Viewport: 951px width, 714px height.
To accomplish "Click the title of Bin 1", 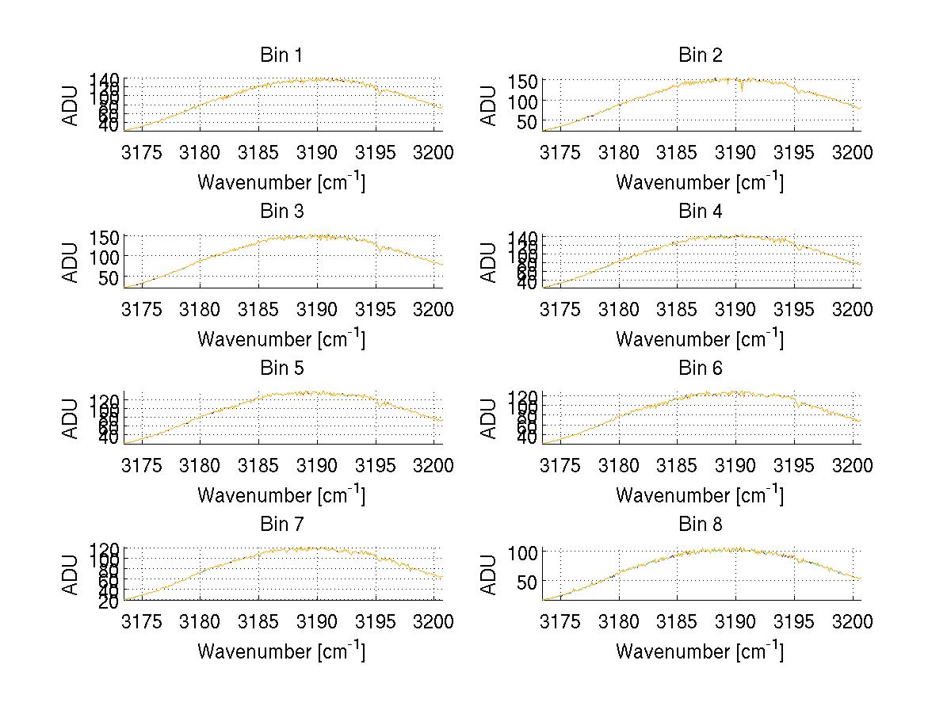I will coord(281,55).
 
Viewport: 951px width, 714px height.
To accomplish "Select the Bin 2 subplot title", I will coord(701,55).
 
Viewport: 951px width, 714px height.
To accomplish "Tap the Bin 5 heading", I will coord(281,368).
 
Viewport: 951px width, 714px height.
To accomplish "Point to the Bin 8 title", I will coord(701,525).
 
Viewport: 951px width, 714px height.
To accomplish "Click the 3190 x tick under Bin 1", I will coord(318,152).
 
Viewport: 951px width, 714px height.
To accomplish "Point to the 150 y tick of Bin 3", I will coord(109,237).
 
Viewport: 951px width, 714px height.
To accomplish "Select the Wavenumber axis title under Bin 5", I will coord(281,495).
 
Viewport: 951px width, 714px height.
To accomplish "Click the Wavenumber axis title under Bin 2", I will coord(700,182).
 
